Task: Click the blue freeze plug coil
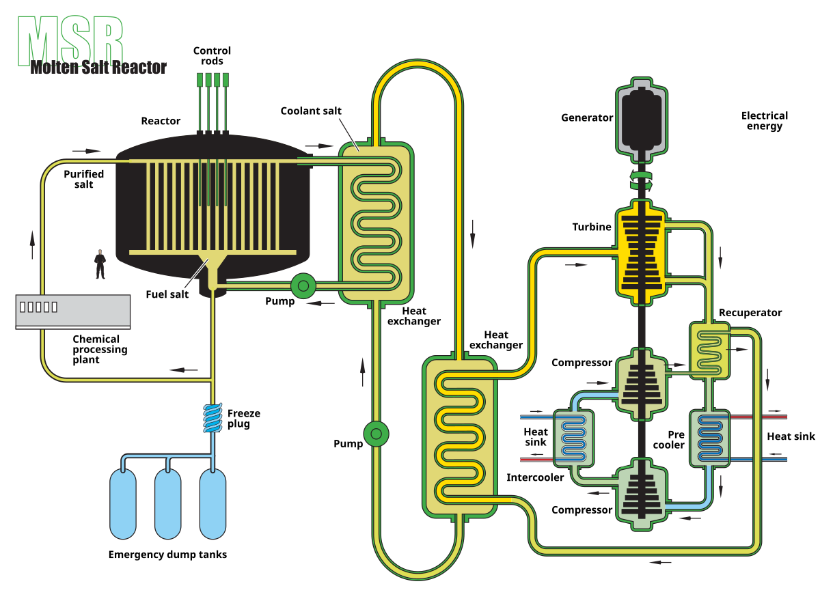coord(213,418)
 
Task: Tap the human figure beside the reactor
coord(100,264)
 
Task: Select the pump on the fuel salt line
coord(303,286)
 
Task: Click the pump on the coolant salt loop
coord(377,434)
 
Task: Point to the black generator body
coord(642,119)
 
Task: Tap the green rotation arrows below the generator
coord(642,181)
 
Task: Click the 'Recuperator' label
coord(750,313)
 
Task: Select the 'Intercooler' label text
coord(535,478)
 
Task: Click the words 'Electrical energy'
coord(765,121)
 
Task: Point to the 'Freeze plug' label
coord(244,419)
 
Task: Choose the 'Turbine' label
coord(592,227)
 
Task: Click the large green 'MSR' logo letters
coord(70,41)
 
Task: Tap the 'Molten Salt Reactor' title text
coord(98,68)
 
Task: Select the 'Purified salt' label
coord(84,179)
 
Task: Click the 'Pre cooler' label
coord(669,440)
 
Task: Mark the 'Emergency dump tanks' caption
coord(167,555)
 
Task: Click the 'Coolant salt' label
coord(311,111)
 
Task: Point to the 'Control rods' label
coord(212,55)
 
